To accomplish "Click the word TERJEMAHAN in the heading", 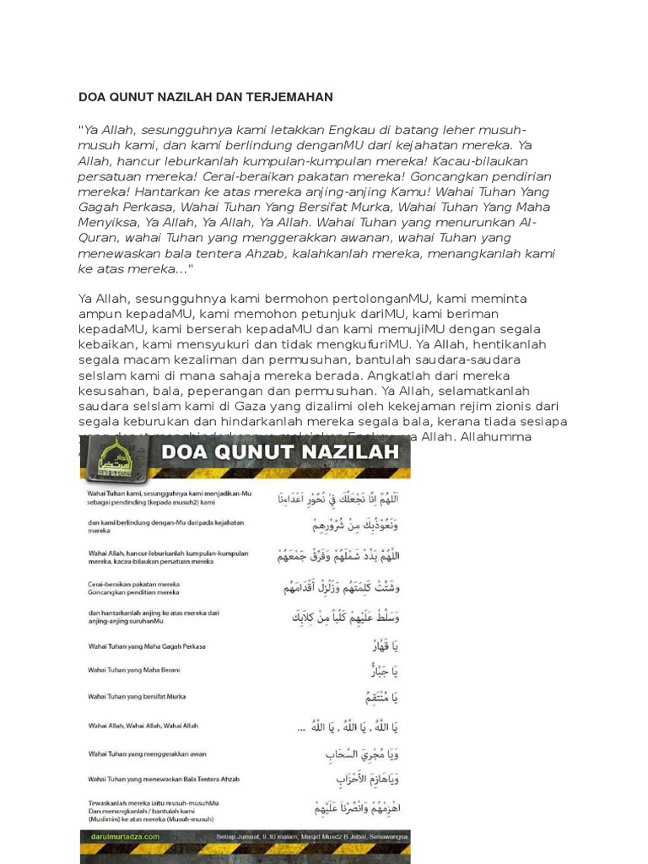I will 286,97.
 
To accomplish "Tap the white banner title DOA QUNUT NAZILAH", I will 279,452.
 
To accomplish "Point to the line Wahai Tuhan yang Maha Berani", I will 134,671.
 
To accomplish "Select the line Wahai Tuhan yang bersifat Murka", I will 137,697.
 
